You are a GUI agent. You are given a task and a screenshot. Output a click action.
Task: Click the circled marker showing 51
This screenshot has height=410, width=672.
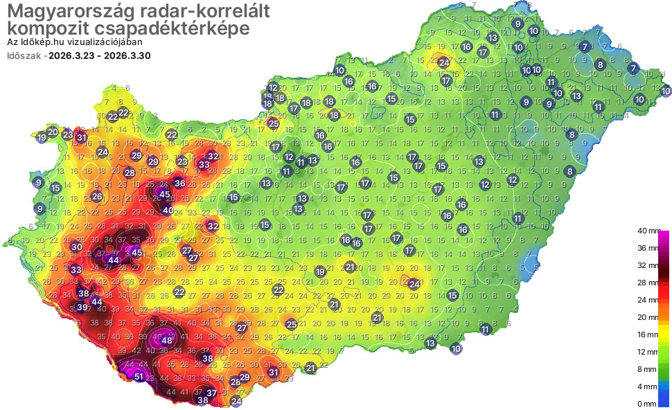click(x=139, y=377)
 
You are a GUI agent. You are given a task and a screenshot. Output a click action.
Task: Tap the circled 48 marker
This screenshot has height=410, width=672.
click(x=167, y=340)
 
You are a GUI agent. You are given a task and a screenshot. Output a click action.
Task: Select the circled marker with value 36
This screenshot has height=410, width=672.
click(x=179, y=184)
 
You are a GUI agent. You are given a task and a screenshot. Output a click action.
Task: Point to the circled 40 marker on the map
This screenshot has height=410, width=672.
click(x=168, y=210)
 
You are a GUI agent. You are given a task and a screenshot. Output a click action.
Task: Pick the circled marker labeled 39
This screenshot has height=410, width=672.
click(x=82, y=307)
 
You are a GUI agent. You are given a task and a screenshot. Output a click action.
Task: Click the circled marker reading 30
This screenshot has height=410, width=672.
click(x=76, y=247)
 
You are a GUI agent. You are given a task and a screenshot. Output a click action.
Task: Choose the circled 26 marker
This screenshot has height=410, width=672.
click(x=98, y=197)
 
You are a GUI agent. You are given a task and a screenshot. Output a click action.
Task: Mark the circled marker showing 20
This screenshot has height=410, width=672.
click(x=53, y=132)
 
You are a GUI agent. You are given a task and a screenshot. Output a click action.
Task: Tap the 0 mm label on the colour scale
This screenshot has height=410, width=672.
click(x=647, y=403)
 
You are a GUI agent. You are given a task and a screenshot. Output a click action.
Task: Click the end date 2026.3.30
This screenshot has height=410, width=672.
click(x=127, y=55)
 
